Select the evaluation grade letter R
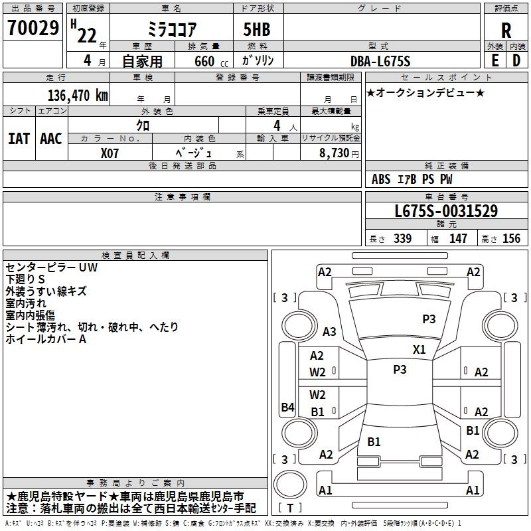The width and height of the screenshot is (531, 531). tap(506, 31)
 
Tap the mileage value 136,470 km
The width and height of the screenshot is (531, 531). tap(78, 95)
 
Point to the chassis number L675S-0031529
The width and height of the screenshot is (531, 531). tap(446, 212)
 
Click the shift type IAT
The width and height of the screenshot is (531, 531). tap(19, 139)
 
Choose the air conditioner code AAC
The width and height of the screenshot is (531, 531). tap(51, 139)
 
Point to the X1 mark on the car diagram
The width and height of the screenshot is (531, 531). tap(419, 350)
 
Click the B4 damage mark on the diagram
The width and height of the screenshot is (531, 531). tap(287, 408)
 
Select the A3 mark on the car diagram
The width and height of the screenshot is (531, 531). tap(329, 332)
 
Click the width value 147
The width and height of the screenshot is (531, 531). tap(458, 239)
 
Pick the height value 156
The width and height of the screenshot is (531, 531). tap(511, 239)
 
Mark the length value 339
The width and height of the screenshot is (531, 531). tap(402, 239)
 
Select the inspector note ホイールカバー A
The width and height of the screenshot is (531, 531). tap(46, 339)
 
